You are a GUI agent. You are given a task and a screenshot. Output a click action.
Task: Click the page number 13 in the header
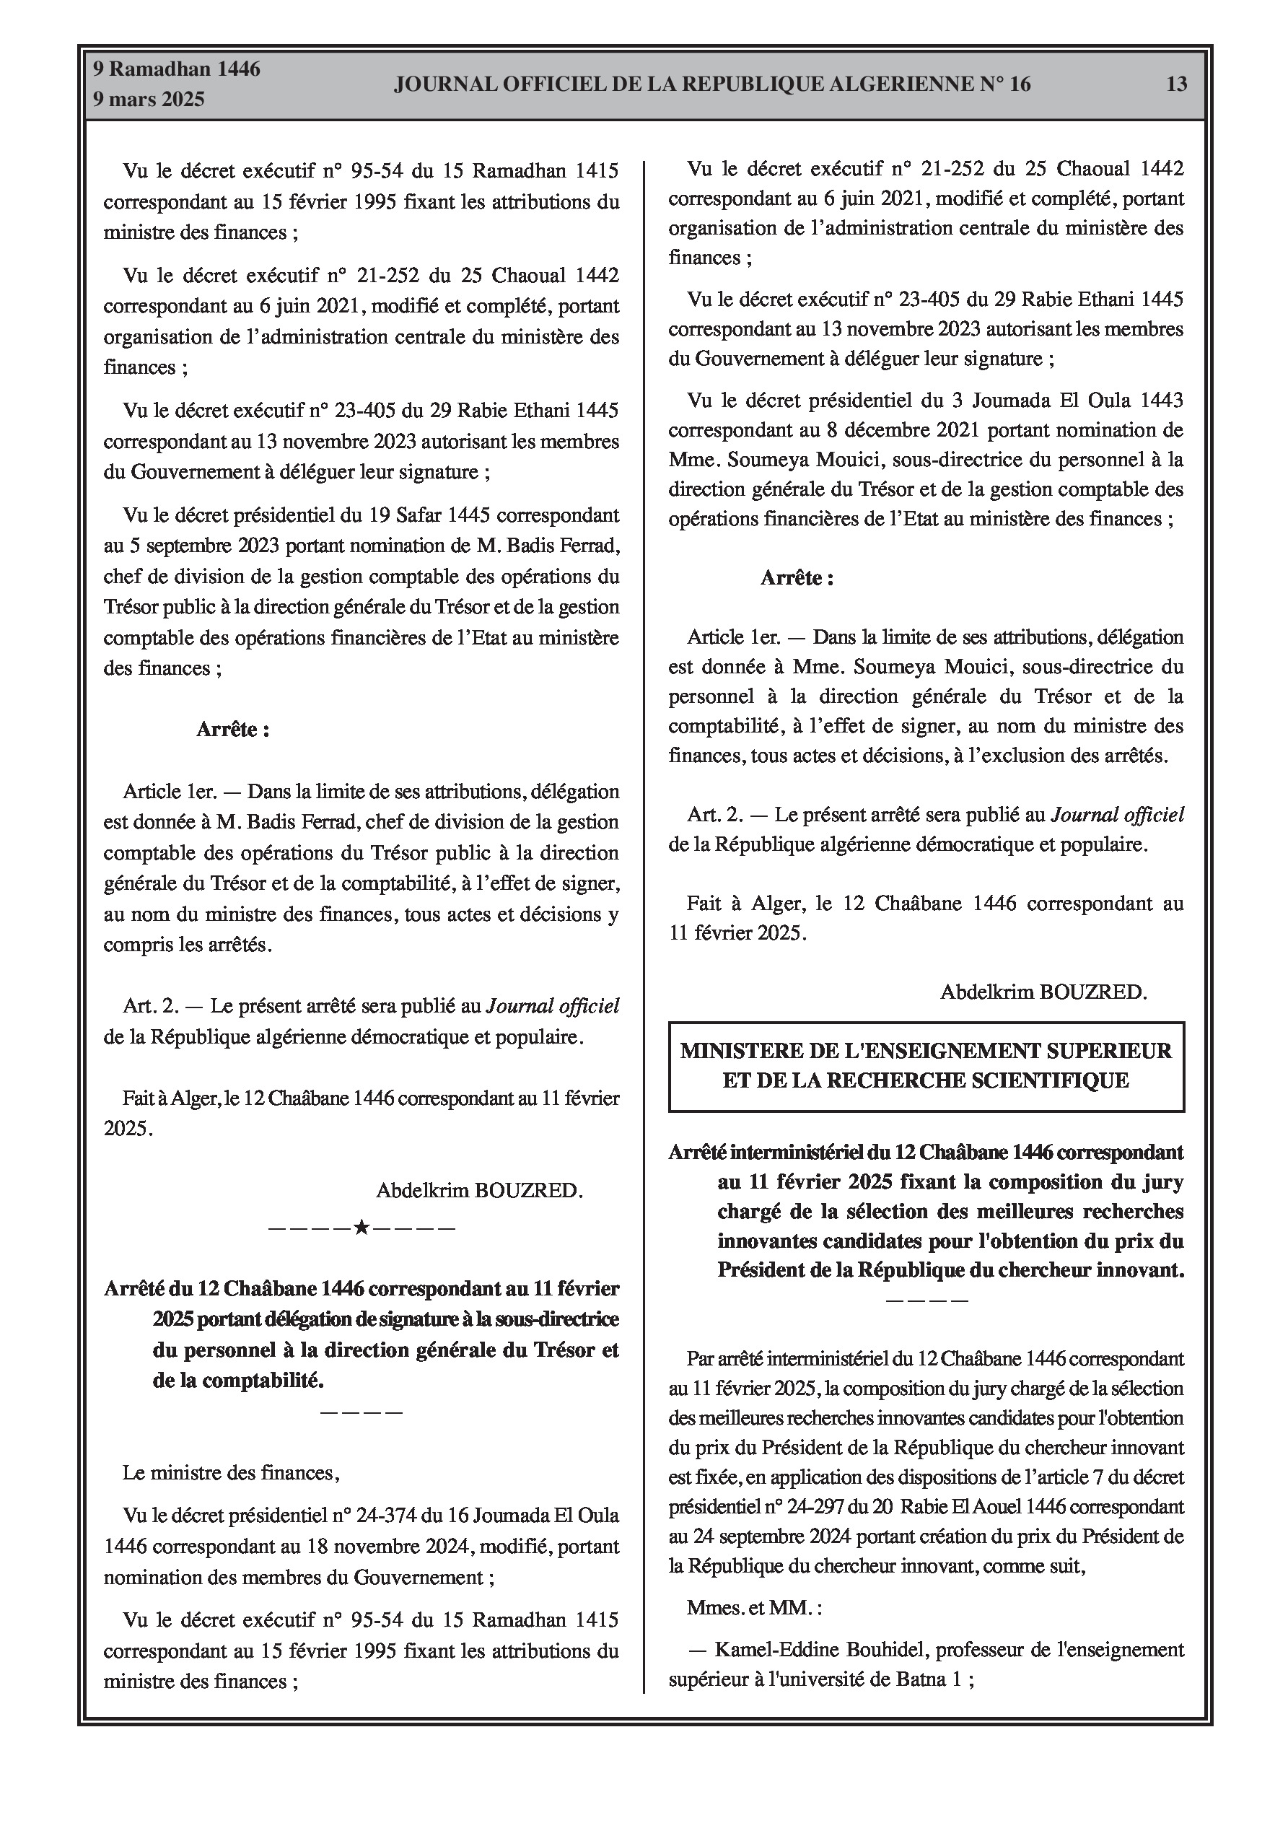pyautogui.click(x=1176, y=84)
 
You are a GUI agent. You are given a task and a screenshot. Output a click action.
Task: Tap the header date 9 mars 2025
pyautogui.click(x=149, y=100)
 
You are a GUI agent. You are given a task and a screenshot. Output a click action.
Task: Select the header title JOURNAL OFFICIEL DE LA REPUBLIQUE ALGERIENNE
pyautogui.click(x=711, y=84)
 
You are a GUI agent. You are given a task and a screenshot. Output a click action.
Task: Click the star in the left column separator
pyautogui.click(x=362, y=1228)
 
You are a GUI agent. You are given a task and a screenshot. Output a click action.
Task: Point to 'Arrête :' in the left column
pyautogui.click(x=232, y=730)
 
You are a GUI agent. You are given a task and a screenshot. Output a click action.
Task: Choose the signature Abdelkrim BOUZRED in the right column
pyautogui.click(x=1043, y=992)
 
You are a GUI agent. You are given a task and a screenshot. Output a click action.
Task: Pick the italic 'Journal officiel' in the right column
pyautogui.click(x=1117, y=815)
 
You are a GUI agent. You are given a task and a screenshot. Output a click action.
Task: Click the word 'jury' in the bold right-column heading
pyautogui.click(x=1164, y=1182)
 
